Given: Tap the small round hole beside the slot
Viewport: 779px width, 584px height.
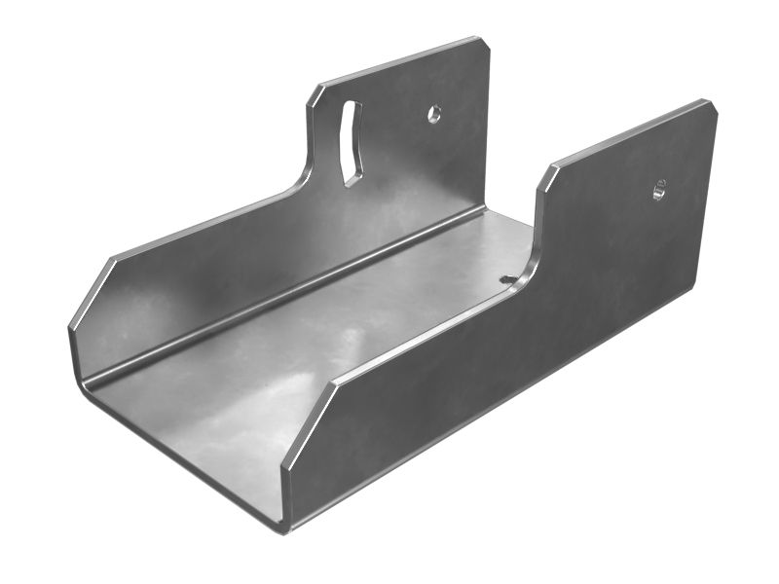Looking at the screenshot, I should tap(434, 114).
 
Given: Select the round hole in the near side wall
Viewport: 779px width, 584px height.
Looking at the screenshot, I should tap(659, 191).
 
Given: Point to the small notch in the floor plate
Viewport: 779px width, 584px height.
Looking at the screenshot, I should tap(508, 279).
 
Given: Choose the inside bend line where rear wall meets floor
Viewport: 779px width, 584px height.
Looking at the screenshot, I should tap(292, 292).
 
